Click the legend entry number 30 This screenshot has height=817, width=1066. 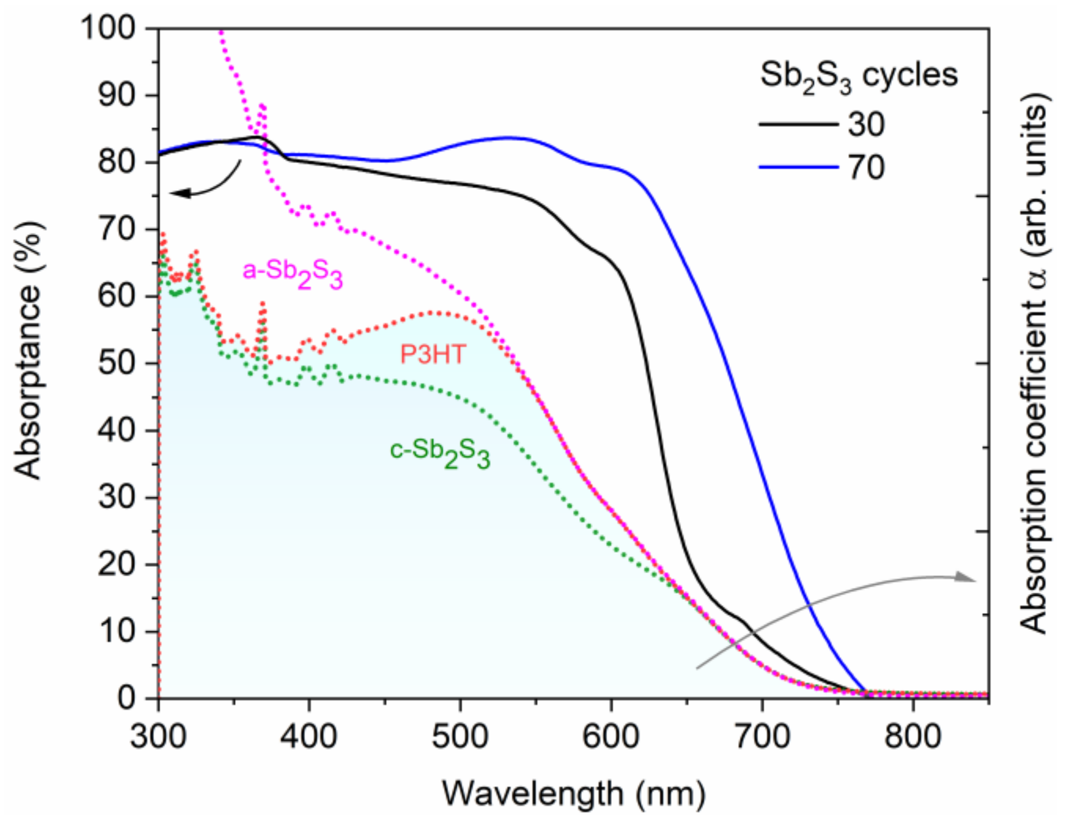click(x=866, y=125)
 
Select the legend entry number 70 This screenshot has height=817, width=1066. click(x=866, y=168)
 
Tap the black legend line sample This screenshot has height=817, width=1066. click(x=798, y=124)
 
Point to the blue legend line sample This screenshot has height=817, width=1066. click(x=798, y=167)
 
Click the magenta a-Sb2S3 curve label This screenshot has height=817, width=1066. click(x=293, y=273)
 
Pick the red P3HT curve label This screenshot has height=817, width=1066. click(x=433, y=354)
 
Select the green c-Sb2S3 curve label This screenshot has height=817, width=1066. click(x=440, y=452)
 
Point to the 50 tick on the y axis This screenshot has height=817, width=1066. click(x=116, y=363)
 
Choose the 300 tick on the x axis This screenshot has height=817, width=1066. click(x=158, y=736)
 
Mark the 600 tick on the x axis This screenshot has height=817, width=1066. click(x=611, y=736)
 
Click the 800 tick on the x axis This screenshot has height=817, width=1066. click(x=913, y=736)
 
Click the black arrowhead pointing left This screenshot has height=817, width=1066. click(x=178, y=193)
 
